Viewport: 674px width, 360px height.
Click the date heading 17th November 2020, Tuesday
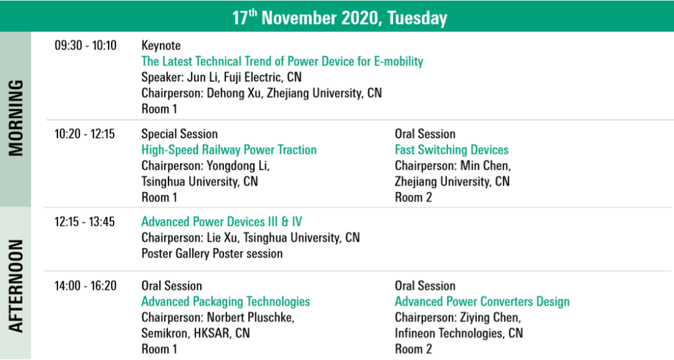[x=339, y=17]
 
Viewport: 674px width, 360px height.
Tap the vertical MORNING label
[x=16, y=118]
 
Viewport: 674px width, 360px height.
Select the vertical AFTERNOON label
[x=16, y=286]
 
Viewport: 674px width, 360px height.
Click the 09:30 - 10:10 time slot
[x=85, y=45]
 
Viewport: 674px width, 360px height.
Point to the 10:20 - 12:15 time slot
[x=85, y=134]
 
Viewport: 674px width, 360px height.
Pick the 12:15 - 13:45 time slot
[x=85, y=221]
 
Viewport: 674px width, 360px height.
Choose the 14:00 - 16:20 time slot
[x=85, y=286]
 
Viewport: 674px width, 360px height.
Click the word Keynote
[x=161, y=46]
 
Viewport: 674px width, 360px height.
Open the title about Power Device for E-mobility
[x=283, y=61]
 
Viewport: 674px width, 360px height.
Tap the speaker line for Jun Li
[x=222, y=77]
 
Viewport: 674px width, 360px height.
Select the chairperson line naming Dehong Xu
[x=261, y=93]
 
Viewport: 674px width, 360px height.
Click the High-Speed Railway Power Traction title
[x=229, y=150]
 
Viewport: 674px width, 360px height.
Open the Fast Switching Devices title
[x=452, y=150]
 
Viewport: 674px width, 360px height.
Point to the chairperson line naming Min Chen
[x=453, y=166]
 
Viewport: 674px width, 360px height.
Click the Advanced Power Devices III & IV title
[x=222, y=221]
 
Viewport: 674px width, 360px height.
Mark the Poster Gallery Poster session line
[x=212, y=253]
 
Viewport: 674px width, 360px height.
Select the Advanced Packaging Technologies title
[x=226, y=302]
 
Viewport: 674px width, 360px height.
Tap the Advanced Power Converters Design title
[x=482, y=302]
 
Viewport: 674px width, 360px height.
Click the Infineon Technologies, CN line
[x=459, y=333]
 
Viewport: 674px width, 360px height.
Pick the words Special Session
[x=180, y=134]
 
